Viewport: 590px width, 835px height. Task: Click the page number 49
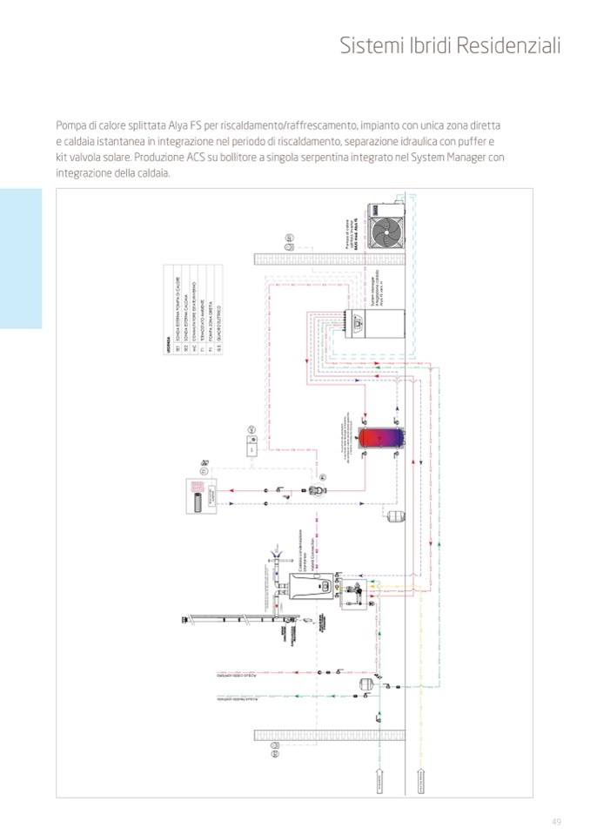(556, 823)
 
